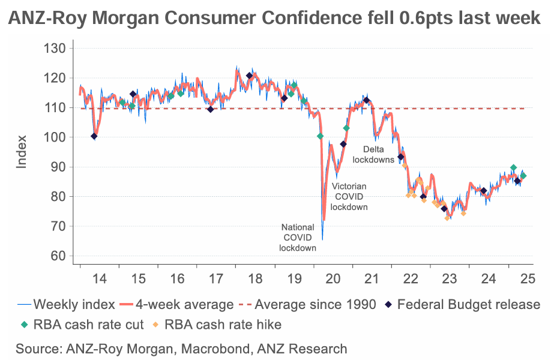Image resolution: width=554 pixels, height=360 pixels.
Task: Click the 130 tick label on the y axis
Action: click(x=58, y=48)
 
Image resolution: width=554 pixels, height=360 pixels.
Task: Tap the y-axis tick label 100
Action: click(x=58, y=137)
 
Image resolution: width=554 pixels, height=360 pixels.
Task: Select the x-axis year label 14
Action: click(x=100, y=278)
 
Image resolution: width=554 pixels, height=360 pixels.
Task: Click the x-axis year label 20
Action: click(x=332, y=278)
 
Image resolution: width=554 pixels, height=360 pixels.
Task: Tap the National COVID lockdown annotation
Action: click(x=298, y=237)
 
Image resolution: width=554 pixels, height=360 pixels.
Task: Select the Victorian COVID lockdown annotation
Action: click(x=349, y=197)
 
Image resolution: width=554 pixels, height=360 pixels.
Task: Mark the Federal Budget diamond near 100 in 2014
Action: click(x=94, y=136)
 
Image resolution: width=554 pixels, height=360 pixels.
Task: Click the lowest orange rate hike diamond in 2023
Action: click(x=447, y=218)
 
